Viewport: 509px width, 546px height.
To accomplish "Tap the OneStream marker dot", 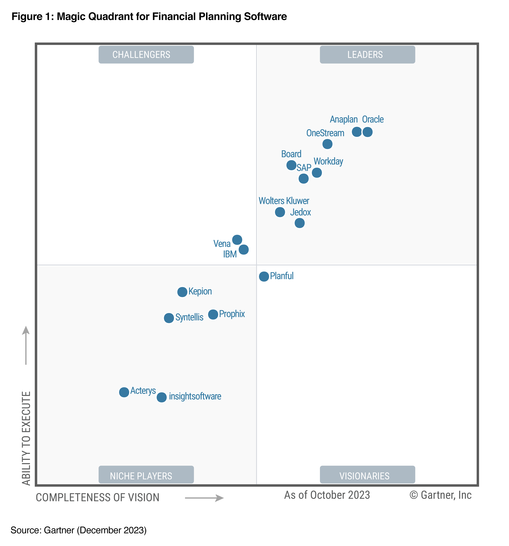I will (327, 144).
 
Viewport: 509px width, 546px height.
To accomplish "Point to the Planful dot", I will (264, 276).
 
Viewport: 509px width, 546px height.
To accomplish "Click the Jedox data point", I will (299, 223).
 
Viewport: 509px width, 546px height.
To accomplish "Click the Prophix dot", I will (213, 314).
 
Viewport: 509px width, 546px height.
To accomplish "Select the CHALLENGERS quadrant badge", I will (146, 55).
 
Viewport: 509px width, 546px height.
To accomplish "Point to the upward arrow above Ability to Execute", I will (26, 345).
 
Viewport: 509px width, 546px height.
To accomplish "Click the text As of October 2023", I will (327, 495).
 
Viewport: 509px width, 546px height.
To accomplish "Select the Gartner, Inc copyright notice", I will (440, 495).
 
